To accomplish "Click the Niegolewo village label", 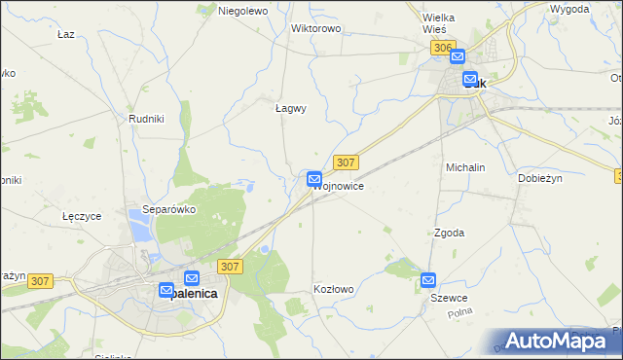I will click(242, 11).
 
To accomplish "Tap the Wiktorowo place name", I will click(316, 28).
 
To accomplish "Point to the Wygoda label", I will click(569, 9).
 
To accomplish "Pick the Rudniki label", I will click(146, 119).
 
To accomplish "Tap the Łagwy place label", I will click(290, 109).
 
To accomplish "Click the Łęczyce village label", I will click(82, 216).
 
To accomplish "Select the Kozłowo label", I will click(334, 290).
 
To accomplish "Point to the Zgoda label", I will click(449, 234).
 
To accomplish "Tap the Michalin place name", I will click(465, 167).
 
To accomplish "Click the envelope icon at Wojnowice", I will click(314, 179).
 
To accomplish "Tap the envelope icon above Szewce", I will click(429, 280).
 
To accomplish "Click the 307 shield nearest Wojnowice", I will click(346, 162).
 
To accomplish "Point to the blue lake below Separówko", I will click(138, 231).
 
